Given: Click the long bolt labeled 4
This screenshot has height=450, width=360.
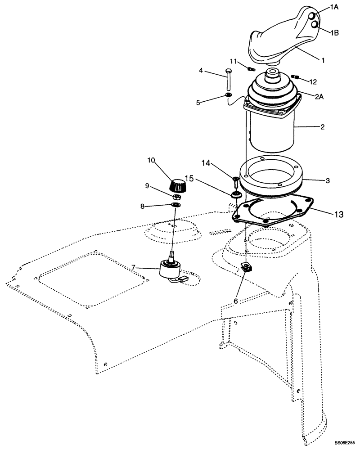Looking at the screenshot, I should coord(229,79).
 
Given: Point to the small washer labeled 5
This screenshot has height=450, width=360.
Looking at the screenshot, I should coord(228,95).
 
